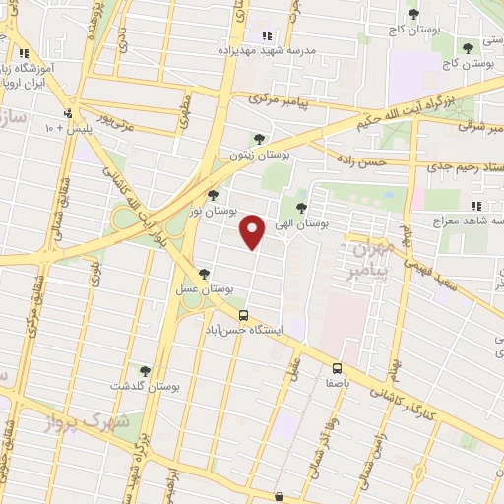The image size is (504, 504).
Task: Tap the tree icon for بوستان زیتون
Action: coord(258,139)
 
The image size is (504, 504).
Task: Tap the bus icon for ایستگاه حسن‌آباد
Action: coord(242,313)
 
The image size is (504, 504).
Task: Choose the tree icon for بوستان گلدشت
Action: coord(146,371)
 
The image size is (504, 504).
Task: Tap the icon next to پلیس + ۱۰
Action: coord(68,113)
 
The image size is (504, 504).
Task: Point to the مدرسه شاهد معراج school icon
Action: coord(477,207)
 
